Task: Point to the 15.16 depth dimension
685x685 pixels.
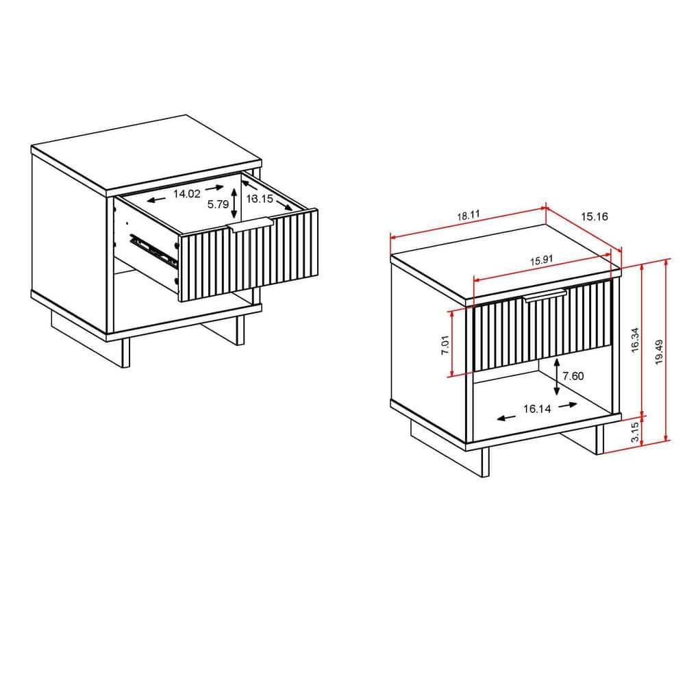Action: coord(595,216)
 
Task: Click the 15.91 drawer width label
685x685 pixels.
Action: coord(542,260)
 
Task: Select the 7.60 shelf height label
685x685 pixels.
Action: coord(573,375)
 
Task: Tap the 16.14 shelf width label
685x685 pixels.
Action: coord(538,409)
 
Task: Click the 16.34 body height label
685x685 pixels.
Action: coord(635,340)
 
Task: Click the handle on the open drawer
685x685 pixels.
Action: coord(251,225)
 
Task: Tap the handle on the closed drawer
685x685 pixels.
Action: coord(545,295)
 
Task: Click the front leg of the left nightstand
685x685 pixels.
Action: coord(125,352)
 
